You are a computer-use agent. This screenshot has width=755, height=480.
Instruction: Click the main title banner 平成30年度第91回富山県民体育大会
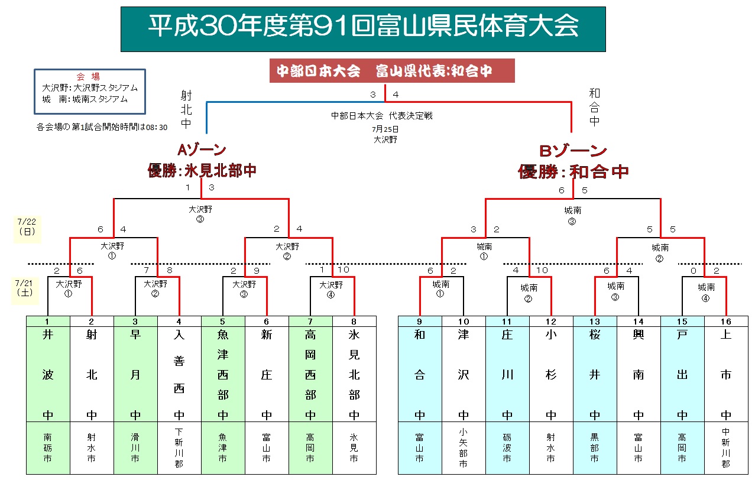tap(363, 28)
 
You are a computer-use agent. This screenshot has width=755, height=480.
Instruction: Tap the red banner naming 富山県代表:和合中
tap(391, 71)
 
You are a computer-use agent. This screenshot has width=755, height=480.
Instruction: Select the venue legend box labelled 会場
tap(89, 91)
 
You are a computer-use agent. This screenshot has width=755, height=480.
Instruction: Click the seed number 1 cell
tap(48, 321)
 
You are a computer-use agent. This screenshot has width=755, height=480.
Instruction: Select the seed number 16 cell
tap(726, 321)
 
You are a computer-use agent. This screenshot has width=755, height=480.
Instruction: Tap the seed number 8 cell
tap(354, 321)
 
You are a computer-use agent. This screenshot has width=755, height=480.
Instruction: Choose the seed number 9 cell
tap(420, 321)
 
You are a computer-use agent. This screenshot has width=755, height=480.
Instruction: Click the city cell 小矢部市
tap(464, 448)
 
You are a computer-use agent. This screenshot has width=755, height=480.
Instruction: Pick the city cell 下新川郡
tap(179, 448)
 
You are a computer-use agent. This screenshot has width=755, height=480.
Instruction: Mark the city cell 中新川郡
tap(726, 448)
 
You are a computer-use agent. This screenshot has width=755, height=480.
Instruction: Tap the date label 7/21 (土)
tap(25, 288)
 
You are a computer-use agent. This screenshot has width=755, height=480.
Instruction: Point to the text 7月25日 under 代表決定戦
tap(385, 129)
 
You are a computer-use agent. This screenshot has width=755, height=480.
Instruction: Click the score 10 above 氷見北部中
tap(342, 270)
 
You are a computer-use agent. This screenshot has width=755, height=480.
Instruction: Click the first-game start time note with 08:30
tap(102, 127)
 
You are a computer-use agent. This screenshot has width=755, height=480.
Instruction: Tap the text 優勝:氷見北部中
tap(202, 171)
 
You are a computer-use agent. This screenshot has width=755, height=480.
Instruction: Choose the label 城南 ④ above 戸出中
tap(706, 292)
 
